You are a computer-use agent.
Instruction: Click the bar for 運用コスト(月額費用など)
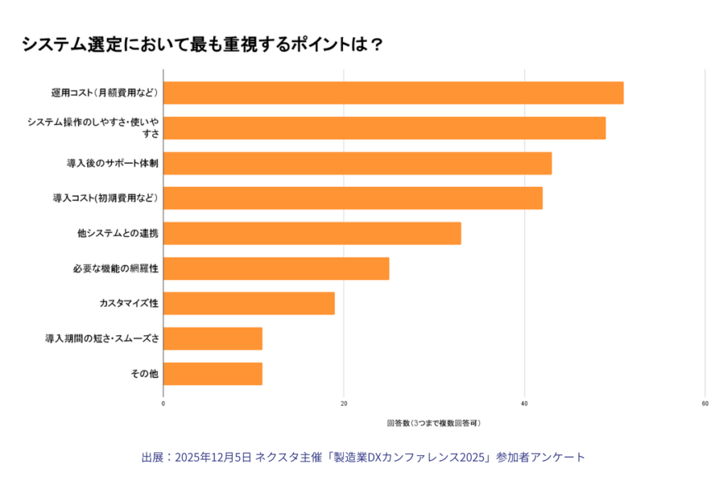pyautogui.click(x=393, y=93)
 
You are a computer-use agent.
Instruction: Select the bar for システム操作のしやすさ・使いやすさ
pyautogui.click(x=384, y=128)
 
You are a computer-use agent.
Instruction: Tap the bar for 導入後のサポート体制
pyautogui.click(x=357, y=163)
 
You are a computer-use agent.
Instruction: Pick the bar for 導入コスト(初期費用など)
pyautogui.click(x=353, y=198)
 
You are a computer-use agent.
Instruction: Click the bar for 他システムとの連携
pyautogui.click(x=312, y=234)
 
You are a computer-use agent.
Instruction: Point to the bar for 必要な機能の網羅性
pyautogui.click(x=276, y=268)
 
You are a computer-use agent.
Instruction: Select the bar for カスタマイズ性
pyautogui.click(x=248, y=303)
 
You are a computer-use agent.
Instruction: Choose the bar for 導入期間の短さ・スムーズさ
pyautogui.click(x=213, y=339)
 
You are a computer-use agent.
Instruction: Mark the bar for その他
pyautogui.click(x=213, y=374)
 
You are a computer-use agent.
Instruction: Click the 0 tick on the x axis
pyautogui.click(x=163, y=403)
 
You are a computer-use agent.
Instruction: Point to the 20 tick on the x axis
pyautogui.click(x=344, y=403)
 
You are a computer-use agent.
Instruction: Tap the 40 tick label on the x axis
pyautogui.click(x=525, y=403)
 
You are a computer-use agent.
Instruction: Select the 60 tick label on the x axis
pyautogui.click(x=705, y=403)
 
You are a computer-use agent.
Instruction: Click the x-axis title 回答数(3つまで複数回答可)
pyautogui.click(x=434, y=423)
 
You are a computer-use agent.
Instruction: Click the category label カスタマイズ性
pyautogui.click(x=129, y=303)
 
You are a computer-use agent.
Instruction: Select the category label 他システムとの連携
pyautogui.click(x=118, y=234)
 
